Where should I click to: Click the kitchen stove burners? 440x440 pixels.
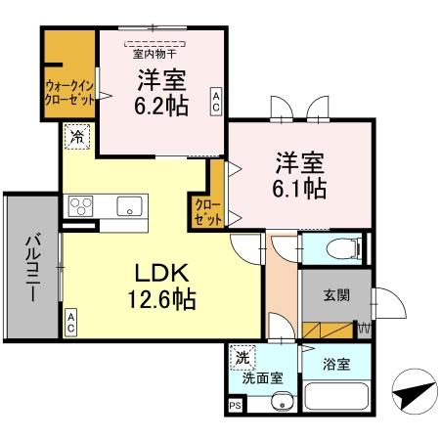coord(80,206)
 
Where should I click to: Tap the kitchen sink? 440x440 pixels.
coord(129,205)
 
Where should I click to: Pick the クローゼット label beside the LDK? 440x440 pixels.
coord(206,211)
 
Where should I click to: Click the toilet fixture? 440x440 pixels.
coord(333,248)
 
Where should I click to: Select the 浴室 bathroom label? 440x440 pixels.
coord(335,365)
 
